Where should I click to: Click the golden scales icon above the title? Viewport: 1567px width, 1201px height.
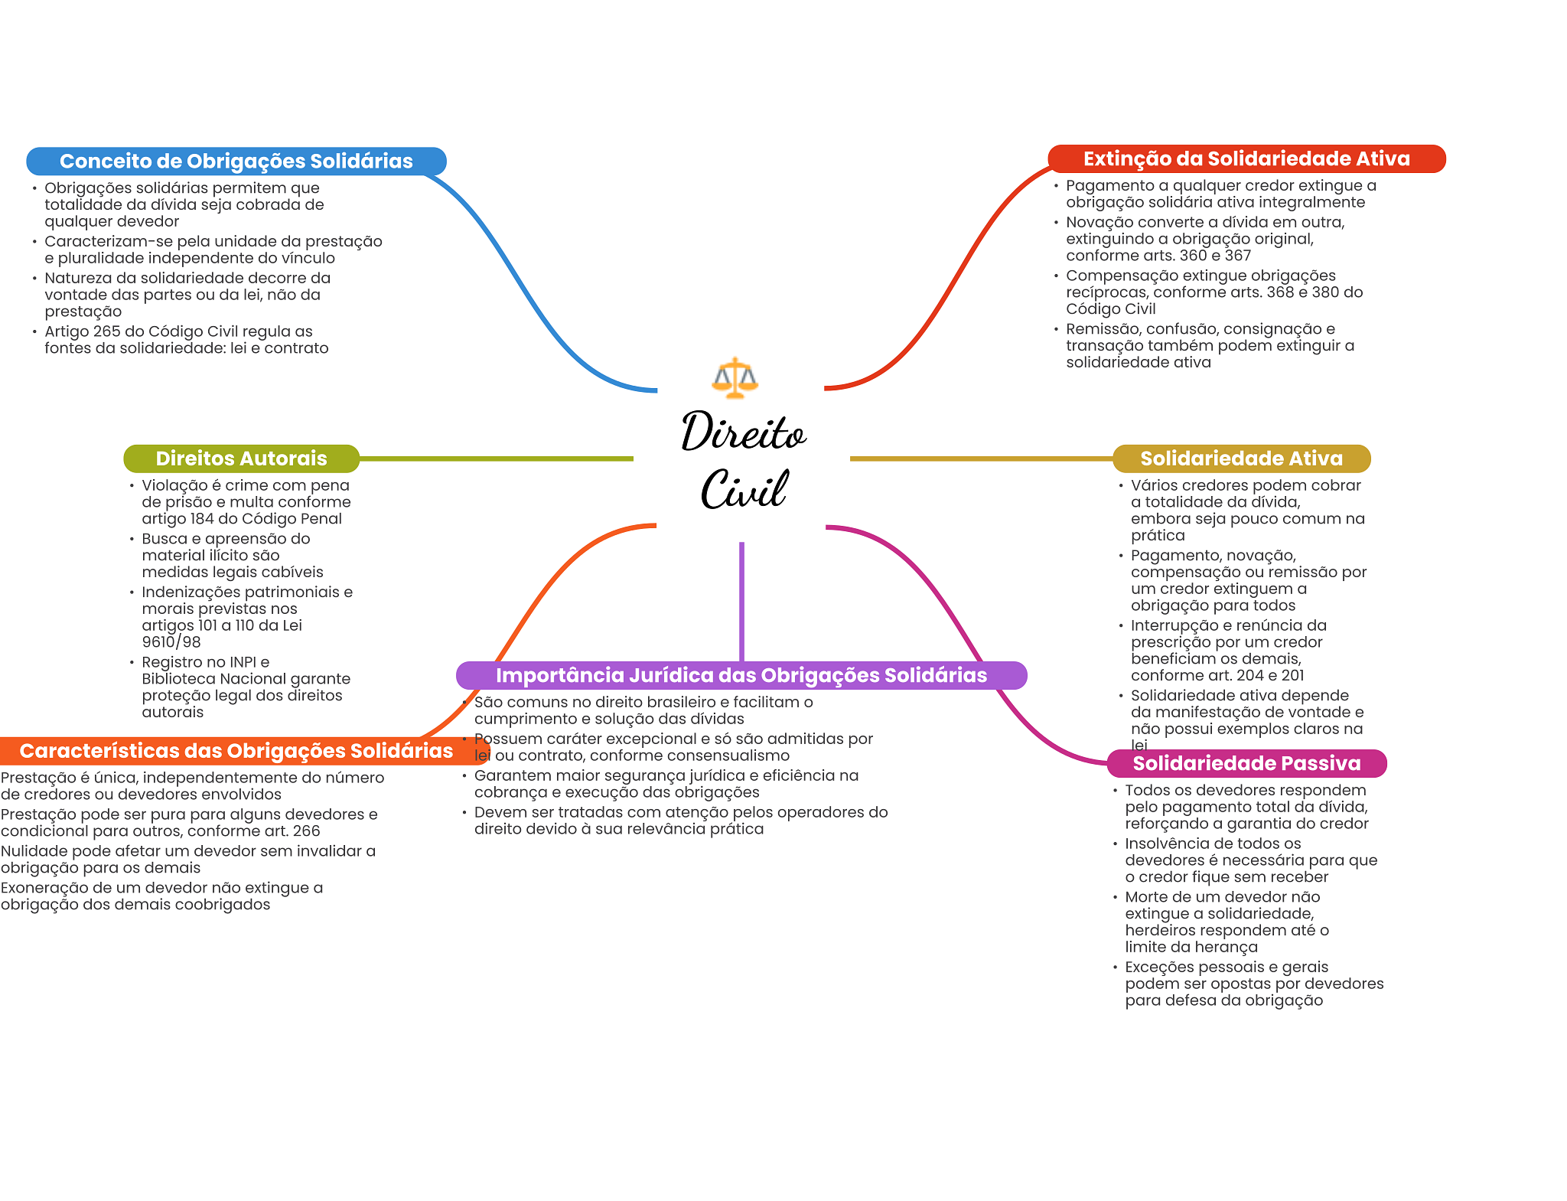735,377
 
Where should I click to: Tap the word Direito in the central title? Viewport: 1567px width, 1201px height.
743,432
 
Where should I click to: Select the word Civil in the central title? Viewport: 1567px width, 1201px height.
744,489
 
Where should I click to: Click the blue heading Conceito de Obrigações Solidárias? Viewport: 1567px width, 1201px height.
236,162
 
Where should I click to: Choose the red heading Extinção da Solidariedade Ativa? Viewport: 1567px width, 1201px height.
1246,159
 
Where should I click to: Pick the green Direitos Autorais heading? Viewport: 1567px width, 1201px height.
241,459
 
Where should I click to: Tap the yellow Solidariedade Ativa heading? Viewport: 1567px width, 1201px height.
1241,459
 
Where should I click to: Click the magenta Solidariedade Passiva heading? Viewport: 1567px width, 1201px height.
1246,763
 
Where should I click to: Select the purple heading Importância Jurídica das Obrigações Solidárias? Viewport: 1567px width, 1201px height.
741,675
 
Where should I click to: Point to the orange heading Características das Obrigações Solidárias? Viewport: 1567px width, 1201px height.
236,751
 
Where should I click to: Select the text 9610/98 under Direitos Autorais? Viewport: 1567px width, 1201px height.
171,642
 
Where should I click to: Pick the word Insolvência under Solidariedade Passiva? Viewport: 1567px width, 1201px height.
1168,844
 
